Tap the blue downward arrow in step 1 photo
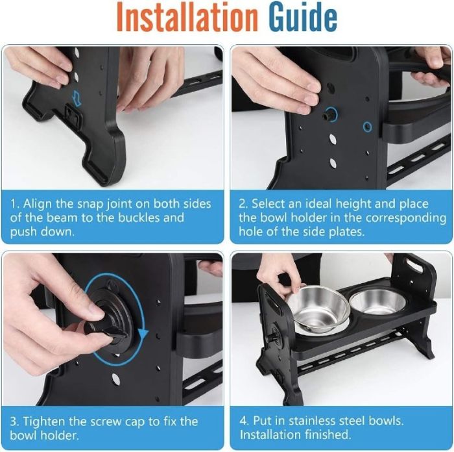pos(77,97)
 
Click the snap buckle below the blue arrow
pos(74,115)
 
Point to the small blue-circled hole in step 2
pos(368,127)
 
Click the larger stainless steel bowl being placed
pos(317,308)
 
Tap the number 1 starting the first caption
pos(14,204)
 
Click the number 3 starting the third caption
pos(14,421)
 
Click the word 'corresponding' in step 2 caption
pos(406,218)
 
